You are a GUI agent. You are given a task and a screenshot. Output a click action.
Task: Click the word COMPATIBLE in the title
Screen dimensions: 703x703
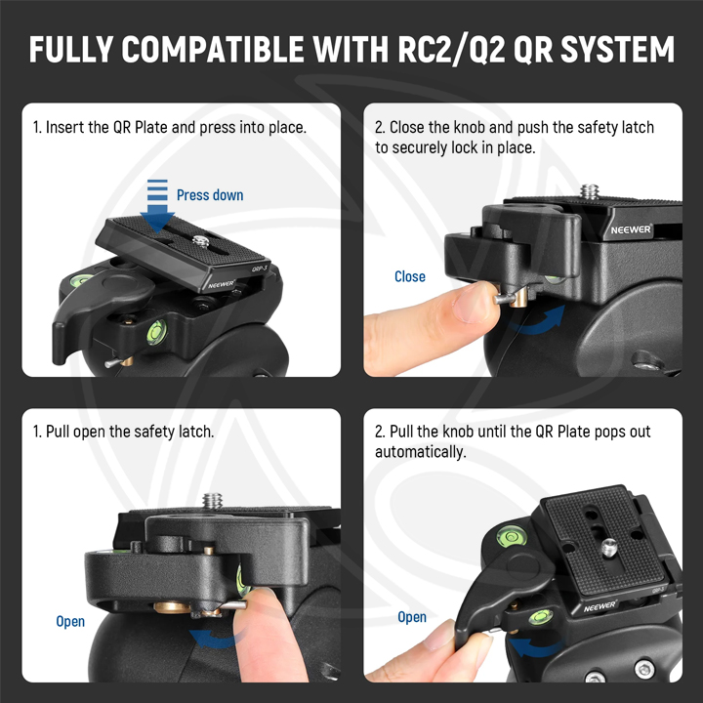tap(213, 49)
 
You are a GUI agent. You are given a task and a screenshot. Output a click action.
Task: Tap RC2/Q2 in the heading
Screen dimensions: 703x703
tap(451, 50)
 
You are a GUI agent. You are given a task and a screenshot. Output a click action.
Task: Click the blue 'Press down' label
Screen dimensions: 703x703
tap(210, 195)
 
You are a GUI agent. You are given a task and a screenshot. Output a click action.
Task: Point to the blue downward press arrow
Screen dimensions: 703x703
tap(157, 206)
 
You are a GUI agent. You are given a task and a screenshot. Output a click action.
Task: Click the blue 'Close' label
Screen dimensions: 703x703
tap(410, 276)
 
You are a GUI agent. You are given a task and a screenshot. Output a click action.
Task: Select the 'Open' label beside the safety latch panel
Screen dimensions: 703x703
tap(70, 621)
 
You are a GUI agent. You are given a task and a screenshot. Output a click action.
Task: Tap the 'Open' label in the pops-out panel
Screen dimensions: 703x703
tap(412, 617)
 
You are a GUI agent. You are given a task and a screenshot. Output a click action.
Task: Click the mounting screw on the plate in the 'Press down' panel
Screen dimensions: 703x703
tap(201, 242)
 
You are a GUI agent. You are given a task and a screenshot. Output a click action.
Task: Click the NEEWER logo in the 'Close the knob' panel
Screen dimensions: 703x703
tap(631, 230)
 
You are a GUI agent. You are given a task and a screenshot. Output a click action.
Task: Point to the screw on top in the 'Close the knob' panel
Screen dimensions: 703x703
tap(590, 191)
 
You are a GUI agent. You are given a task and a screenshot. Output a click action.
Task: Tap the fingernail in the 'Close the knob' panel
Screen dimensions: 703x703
tap(470, 302)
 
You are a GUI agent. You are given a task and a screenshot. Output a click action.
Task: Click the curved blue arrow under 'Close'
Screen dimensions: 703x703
tap(538, 320)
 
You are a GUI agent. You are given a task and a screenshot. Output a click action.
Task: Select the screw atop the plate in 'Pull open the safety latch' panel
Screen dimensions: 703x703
tap(213, 501)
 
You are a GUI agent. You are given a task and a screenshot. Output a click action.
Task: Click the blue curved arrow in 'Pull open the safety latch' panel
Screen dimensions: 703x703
tap(216, 639)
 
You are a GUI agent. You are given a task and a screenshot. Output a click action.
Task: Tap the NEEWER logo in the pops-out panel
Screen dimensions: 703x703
tap(600, 606)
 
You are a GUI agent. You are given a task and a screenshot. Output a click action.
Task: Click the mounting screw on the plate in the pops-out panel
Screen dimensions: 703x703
tap(609, 548)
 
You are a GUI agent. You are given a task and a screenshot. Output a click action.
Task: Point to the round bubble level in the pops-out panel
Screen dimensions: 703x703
tap(511, 536)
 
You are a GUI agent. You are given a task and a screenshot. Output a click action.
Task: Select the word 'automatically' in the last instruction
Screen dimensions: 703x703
tap(421, 452)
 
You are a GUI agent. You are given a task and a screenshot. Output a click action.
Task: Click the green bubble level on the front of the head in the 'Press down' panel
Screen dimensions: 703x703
tap(156, 332)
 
